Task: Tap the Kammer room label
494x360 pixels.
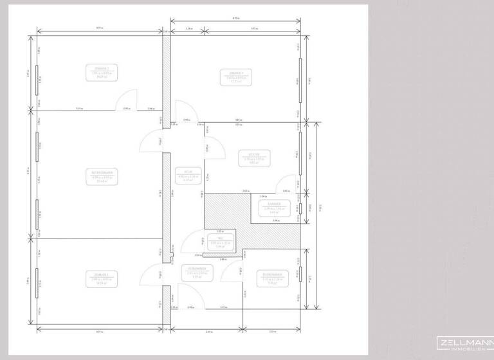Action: pyautogui.click(x=275, y=208)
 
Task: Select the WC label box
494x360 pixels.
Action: pyautogui.click(x=220, y=242)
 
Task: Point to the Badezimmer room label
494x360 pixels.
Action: pyautogui.click(x=273, y=278)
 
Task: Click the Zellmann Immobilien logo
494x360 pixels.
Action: pyautogui.click(x=464, y=344)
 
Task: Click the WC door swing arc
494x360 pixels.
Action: pyautogui.click(x=191, y=245)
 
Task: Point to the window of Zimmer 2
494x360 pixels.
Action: pyautogui.click(x=37, y=80)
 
